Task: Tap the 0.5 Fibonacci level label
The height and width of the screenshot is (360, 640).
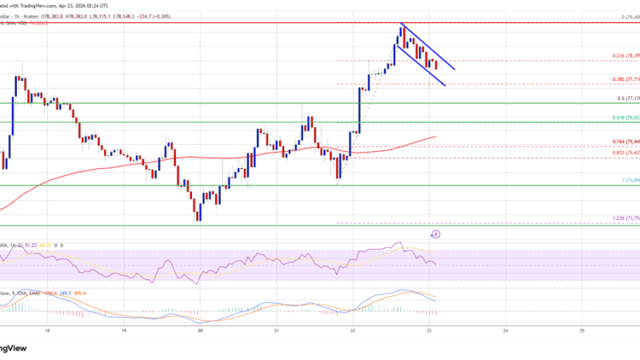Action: (x=624, y=99)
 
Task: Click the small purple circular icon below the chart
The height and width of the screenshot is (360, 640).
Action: (x=435, y=234)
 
